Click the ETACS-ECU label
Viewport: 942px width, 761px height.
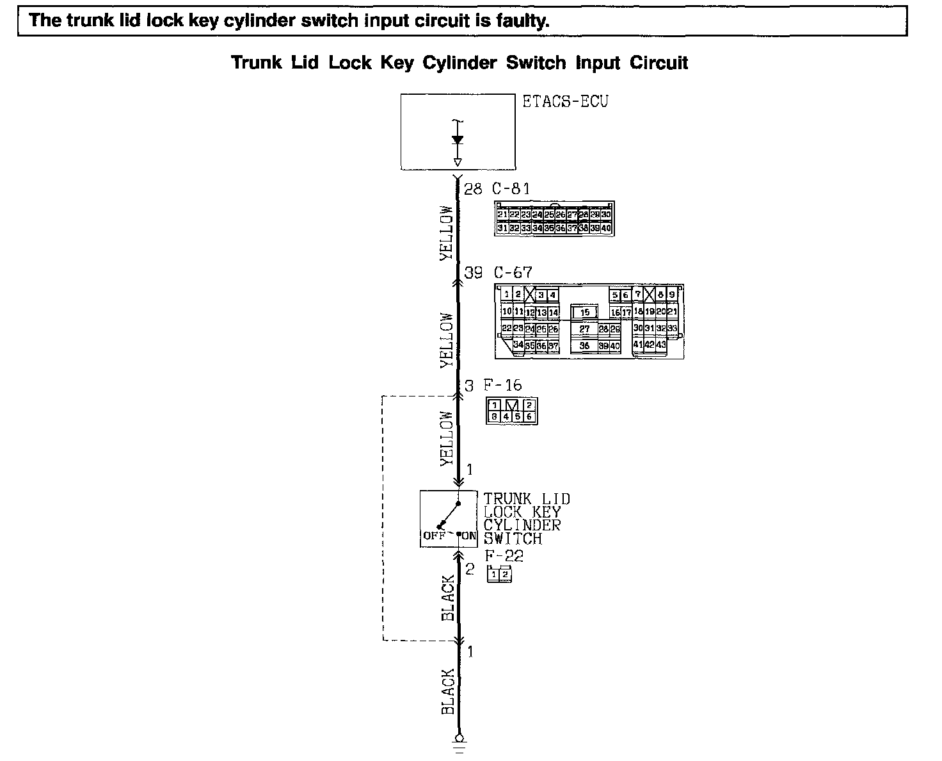(x=565, y=102)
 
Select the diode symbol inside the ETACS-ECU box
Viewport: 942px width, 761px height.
(x=457, y=140)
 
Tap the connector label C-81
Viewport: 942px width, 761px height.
(x=511, y=189)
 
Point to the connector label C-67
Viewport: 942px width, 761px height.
(x=513, y=273)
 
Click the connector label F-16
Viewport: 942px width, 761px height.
(x=502, y=386)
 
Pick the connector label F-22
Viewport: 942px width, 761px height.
(x=504, y=556)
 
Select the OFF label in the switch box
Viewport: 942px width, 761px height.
(x=433, y=536)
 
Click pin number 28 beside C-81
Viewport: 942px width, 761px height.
(x=472, y=189)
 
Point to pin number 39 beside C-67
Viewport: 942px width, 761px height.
(x=473, y=273)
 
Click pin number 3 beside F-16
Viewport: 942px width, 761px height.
(x=469, y=386)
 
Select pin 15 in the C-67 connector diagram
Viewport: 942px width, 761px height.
(x=584, y=313)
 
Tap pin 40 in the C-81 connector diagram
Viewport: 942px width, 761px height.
(x=606, y=228)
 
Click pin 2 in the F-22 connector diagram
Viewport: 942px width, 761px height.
(x=505, y=575)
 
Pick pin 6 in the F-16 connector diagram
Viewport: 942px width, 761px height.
(x=529, y=416)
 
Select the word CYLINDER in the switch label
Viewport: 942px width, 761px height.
(x=522, y=525)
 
